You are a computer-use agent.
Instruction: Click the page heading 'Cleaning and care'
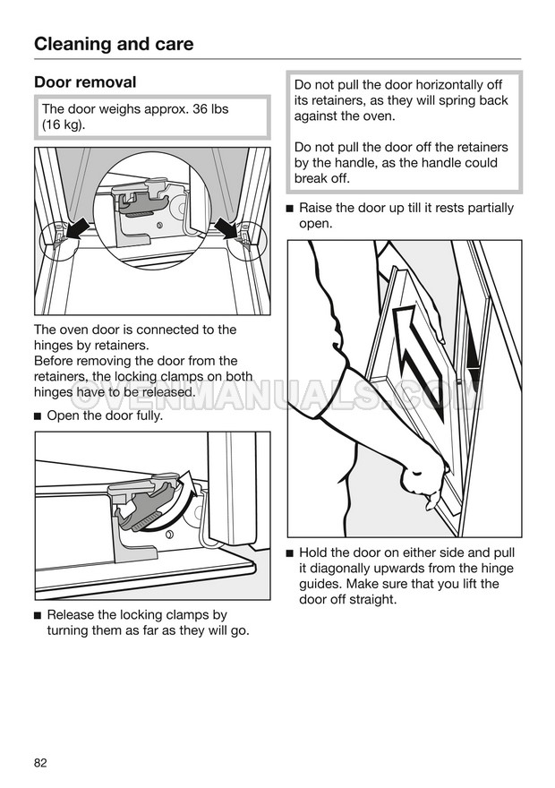(114, 44)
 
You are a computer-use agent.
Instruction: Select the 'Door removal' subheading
(85, 82)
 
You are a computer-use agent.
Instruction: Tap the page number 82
(40, 763)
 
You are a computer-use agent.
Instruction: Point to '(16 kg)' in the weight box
(64, 125)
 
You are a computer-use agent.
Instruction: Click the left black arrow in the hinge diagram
(79, 227)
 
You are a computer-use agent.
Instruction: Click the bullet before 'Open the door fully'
(38, 416)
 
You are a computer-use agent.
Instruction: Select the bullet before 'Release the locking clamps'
(38, 616)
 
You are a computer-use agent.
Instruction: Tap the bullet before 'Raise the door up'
(290, 209)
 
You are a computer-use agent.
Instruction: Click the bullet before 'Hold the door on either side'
(290, 553)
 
